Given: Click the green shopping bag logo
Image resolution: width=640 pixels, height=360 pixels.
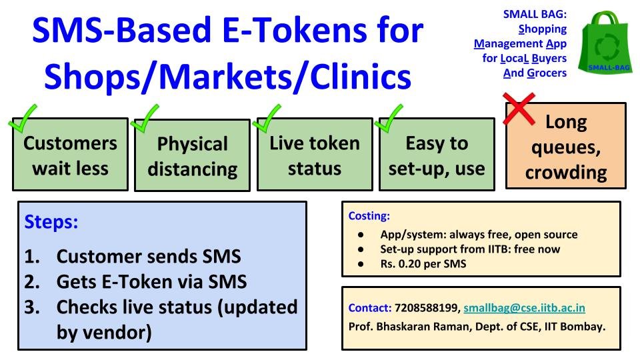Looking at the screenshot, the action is tap(605, 43).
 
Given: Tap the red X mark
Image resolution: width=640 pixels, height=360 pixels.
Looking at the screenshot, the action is tap(519, 109).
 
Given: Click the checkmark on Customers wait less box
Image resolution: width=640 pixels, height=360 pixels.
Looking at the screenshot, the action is tap(23, 119).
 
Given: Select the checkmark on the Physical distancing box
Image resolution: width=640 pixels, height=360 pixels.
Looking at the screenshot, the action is tap(145, 119).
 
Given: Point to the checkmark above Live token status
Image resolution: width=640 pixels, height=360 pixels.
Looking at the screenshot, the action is tap(267, 119).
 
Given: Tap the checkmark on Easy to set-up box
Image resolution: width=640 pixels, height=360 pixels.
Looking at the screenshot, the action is tap(389, 119).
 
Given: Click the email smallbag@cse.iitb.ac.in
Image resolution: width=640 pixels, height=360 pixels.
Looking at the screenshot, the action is tap(524, 308).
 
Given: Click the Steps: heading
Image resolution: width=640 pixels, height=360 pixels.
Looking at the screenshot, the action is tap(51, 222).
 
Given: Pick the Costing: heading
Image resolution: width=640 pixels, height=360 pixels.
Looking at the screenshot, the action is tap(369, 216).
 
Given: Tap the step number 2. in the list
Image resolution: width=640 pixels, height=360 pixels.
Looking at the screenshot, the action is tap(32, 281).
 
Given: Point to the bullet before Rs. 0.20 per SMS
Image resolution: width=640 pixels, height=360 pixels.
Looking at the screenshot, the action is tap(361, 264).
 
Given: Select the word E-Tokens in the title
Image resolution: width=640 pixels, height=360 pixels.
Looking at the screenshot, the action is tap(296, 30).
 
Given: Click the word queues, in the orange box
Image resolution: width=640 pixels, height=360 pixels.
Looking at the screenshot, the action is tap(566, 149).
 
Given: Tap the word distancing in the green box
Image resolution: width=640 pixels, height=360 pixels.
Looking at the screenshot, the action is tap(193, 169).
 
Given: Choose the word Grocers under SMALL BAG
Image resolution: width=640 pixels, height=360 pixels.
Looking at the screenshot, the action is tap(547, 73).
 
